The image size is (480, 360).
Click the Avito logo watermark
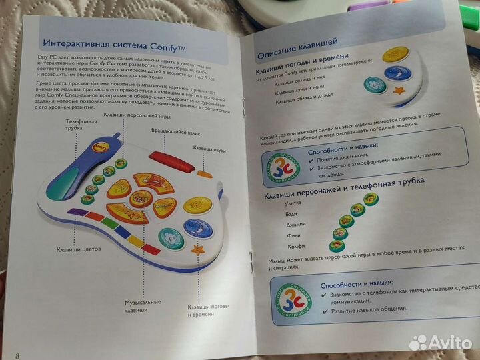click(x=438, y=341)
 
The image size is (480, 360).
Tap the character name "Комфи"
click(x=287, y=246)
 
